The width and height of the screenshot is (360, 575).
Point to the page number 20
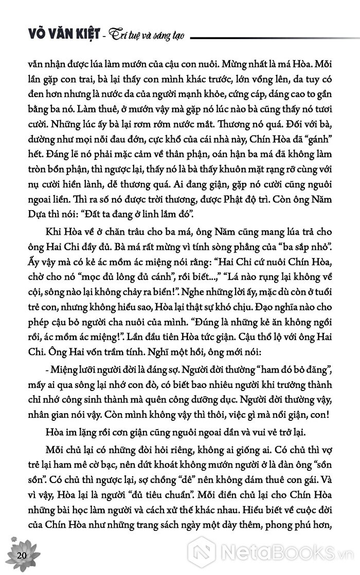coord(21,555)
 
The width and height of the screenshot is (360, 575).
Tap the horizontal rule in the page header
coord(272,36)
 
